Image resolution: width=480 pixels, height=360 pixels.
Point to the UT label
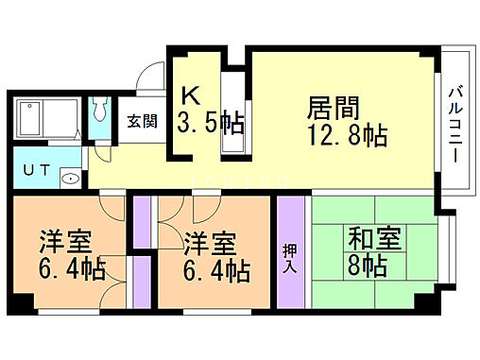[35, 170]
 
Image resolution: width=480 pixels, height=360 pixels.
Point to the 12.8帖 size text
[345, 135]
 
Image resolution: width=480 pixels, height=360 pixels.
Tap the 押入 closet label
[291, 252]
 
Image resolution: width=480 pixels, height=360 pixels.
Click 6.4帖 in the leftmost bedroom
[71, 270]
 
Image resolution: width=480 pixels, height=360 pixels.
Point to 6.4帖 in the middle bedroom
[216, 272]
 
